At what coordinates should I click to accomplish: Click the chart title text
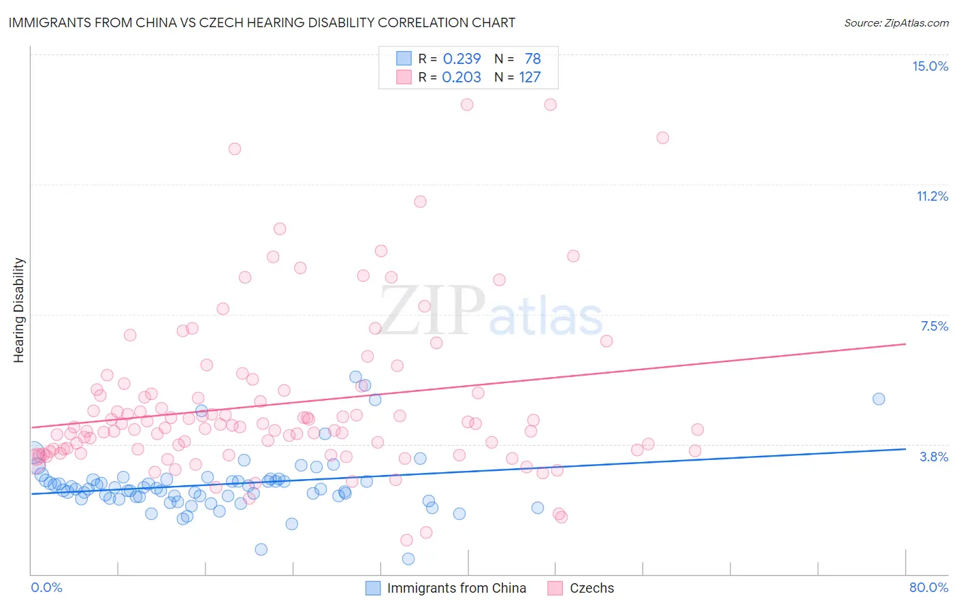pyautogui.click(x=261, y=22)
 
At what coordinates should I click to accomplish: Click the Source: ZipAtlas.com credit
pyautogui.click(x=896, y=22)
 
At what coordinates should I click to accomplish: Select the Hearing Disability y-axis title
pyautogui.click(x=19, y=310)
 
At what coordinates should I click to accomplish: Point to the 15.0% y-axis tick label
pyautogui.click(x=930, y=66)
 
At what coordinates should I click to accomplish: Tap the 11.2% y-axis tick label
pyautogui.click(x=932, y=196)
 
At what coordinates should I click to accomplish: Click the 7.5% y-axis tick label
pyautogui.click(x=934, y=326)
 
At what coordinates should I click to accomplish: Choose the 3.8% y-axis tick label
pyautogui.click(x=934, y=457)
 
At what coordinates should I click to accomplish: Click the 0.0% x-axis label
pyautogui.click(x=46, y=587)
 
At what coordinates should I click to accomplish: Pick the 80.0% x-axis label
pyautogui.click(x=928, y=587)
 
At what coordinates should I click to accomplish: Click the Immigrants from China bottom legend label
pyautogui.click(x=456, y=588)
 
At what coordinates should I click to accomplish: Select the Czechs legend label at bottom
pyautogui.click(x=591, y=588)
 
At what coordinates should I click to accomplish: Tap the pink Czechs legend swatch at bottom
pyautogui.click(x=555, y=588)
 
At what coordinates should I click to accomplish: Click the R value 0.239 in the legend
pyautogui.click(x=461, y=59)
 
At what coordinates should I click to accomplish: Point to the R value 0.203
pyautogui.click(x=461, y=78)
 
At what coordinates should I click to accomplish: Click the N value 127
pyautogui.click(x=530, y=78)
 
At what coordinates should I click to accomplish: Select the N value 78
pyautogui.click(x=532, y=59)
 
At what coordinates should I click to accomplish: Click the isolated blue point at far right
pyautogui.click(x=879, y=399)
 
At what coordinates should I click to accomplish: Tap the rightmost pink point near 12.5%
pyautogui.click(x=662, y=137)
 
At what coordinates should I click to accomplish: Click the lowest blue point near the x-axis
pyautogui.click(x=408, y=559)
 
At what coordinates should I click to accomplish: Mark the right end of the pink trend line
pyautogui.click(x=905, y=344)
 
